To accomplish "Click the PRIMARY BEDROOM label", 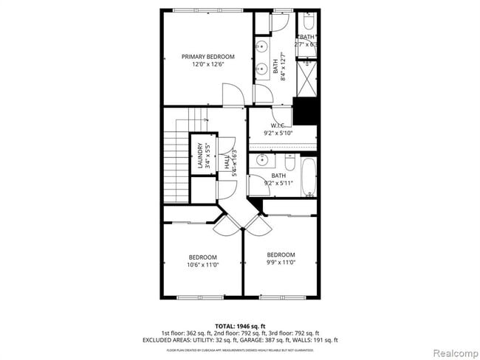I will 208,57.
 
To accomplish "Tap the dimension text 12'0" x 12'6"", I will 208,65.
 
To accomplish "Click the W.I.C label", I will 278,125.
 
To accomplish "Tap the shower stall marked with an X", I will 306,77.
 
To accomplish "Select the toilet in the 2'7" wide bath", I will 307,20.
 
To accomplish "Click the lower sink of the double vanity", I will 262,71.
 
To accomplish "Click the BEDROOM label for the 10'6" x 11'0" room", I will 202,257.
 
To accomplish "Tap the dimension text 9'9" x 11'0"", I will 281,262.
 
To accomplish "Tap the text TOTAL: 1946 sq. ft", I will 240,326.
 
